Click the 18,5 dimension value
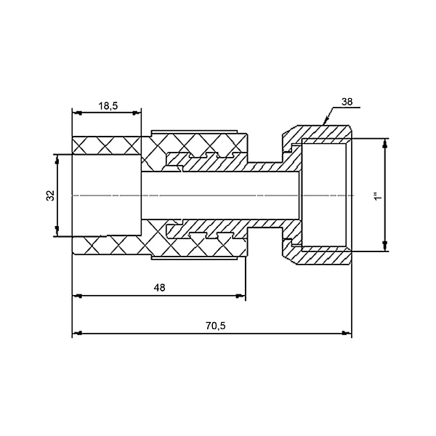tap(108, 105)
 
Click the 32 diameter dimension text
tap(50, 195)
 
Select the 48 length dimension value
tap(160, 288)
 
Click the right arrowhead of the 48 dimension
tap(241, 296)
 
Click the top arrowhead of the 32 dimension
tap(56, 157)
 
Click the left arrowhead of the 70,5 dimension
tap(76, 334)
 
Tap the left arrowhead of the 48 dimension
tap(76, 296)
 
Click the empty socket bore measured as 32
tap(106, 195)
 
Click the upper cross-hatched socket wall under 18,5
tap(107, 145)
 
